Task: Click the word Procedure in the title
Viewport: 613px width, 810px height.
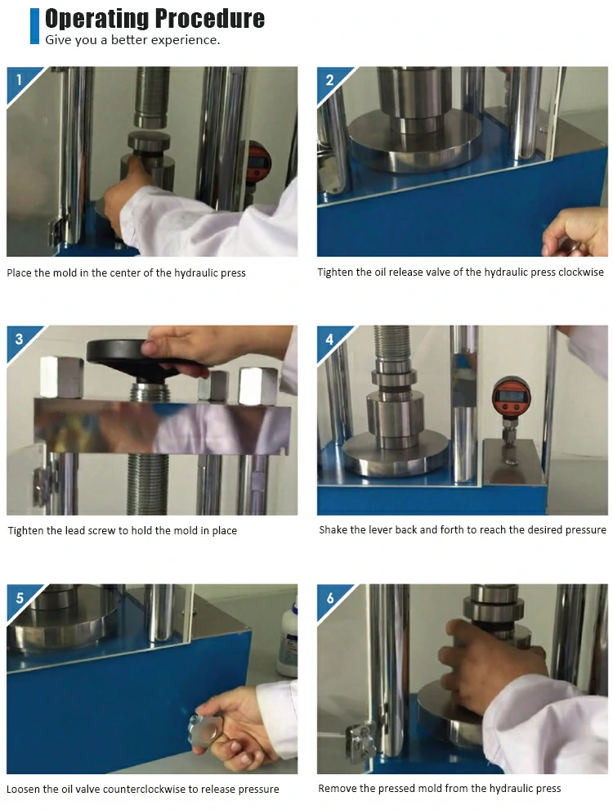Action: coord(210,19)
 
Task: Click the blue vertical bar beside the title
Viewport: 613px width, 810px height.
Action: coord(34,26)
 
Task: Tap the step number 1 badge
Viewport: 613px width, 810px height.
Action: coord(20,80)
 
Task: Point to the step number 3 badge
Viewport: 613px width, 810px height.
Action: coord(20,340)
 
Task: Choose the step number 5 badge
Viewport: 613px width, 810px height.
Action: coord(20,598)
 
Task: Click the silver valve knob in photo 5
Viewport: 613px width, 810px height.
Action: coord(202,730)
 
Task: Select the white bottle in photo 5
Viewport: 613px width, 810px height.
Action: coord(287,638)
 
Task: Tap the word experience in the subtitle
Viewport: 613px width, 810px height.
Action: coord(193,40)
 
